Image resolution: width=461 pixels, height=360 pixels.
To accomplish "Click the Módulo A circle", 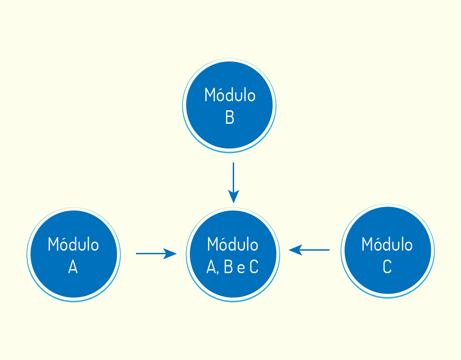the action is click(73, 254).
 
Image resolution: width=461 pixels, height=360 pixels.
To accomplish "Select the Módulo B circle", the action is click(229, 105).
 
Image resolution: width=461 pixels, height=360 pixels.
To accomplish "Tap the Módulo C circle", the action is click(388, 250).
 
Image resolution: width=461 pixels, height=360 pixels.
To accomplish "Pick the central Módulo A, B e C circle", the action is click(233, 254).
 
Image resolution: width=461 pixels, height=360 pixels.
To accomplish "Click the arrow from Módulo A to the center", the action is click(156, 253).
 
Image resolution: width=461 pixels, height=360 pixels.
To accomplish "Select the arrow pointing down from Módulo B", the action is click(234, 183).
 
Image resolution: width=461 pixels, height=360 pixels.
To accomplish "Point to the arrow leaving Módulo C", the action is click(309, 250).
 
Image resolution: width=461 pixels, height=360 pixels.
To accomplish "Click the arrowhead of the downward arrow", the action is click(234, 196).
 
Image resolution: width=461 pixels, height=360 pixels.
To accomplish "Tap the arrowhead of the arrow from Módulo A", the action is click(170, 253).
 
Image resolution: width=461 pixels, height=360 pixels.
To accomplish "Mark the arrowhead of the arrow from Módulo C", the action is click(295, 250).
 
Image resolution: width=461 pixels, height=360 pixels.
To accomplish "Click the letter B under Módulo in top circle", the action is click(230, 117).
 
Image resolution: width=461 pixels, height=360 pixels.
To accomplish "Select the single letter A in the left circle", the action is click(73, 267).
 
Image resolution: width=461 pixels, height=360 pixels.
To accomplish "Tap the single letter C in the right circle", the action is click(387, 266).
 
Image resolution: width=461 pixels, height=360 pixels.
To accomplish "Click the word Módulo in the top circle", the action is click(230, 94).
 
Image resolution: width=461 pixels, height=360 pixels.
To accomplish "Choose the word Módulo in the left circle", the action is click(73, 244).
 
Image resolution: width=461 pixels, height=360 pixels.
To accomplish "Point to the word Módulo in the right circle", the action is click(387, 244).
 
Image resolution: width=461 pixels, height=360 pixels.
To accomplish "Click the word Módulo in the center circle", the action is click(233, 244).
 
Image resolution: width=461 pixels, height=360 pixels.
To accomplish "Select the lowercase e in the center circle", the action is click(241, 268).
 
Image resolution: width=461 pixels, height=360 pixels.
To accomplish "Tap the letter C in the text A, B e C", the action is click(254, 267).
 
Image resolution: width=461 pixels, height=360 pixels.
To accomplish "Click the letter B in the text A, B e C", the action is click(228, 267).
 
